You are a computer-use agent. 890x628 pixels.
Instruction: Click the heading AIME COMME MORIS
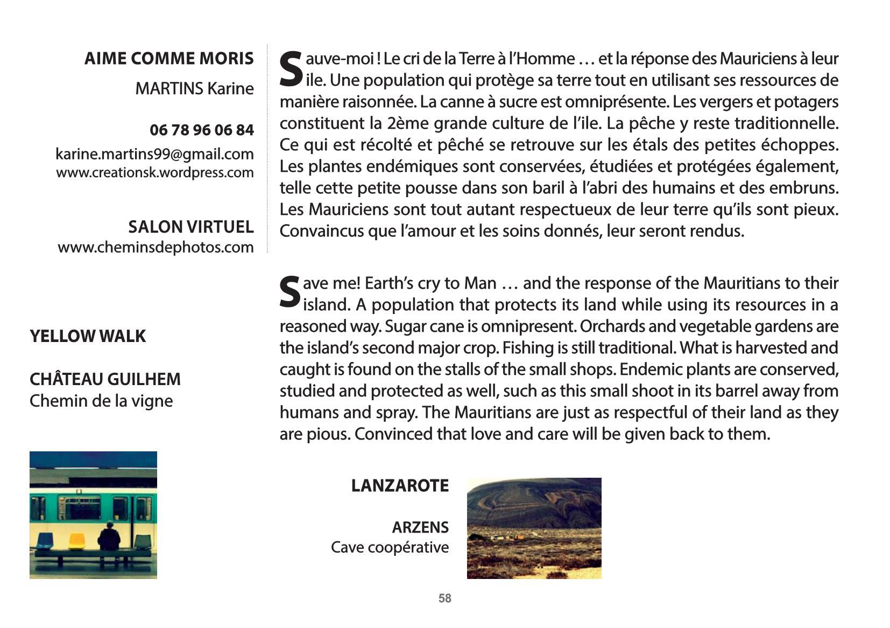168,58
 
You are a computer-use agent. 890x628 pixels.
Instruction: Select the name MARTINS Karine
194,88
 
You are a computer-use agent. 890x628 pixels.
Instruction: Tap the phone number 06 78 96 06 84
201,130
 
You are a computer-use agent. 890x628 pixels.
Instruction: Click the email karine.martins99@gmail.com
154,154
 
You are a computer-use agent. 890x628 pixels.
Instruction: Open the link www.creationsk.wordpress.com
154,173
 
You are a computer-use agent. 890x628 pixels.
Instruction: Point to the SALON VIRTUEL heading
190,227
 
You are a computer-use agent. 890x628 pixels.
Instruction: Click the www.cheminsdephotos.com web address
156,247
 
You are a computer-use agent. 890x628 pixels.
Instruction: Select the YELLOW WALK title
87,336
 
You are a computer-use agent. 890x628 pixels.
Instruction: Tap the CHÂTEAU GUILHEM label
105,379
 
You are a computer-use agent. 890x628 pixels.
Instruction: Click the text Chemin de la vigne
101,401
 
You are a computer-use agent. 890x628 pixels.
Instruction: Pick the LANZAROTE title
400,485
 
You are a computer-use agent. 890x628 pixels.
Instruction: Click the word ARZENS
420,527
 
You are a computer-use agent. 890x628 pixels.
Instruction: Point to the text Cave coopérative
390,547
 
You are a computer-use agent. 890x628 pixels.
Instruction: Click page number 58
444,598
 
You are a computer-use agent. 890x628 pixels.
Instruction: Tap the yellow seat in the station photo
76,540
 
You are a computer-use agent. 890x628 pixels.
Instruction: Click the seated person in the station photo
109,536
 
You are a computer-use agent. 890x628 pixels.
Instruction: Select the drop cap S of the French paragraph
291,69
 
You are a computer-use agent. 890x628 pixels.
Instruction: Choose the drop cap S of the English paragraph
290,294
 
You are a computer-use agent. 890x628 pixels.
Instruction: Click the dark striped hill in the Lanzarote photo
533,501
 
